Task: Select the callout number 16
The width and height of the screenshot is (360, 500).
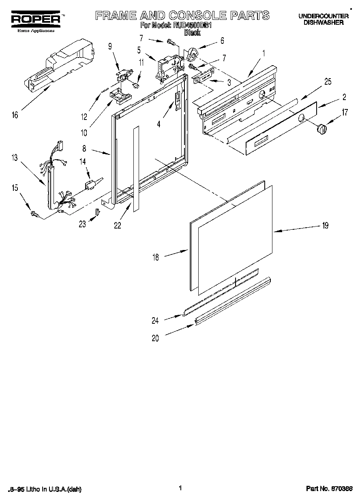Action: (15, 115)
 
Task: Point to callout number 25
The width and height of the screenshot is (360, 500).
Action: (328, 82)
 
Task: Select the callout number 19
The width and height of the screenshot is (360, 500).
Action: (325, 226)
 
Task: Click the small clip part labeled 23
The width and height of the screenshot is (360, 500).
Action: (97, 212)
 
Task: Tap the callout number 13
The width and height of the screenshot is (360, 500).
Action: (15, 158)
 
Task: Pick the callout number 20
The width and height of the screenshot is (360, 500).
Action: (155, 339)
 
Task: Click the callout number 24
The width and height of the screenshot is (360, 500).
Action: (155, 321)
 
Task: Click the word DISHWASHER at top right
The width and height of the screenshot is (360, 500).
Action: (324, 23)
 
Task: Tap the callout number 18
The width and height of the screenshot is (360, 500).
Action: (156, 257)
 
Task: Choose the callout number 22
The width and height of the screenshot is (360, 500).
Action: (117, 226)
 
